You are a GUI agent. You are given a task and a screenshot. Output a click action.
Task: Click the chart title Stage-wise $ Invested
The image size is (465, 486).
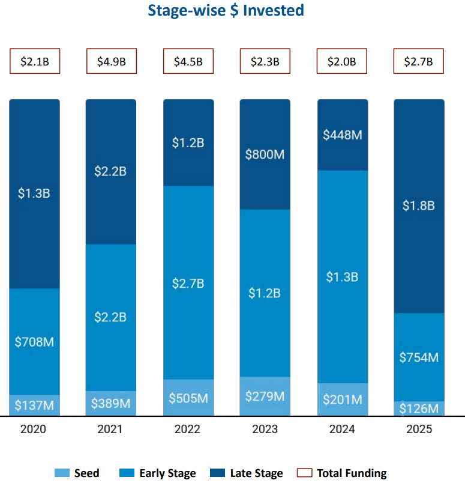[226, 10]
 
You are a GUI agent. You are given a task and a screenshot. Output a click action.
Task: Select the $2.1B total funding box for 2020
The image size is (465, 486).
[35, 61]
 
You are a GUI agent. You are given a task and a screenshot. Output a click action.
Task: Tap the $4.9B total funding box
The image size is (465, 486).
[111, 61]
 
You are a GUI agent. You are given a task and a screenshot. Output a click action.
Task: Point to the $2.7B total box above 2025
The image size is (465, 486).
[419, 61]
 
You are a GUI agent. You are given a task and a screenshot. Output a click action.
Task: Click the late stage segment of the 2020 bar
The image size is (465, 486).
[35, 193]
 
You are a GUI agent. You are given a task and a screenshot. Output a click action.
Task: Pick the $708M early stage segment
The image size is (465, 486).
[35, 342]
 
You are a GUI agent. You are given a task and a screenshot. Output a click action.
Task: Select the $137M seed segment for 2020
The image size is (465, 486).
[35, 406]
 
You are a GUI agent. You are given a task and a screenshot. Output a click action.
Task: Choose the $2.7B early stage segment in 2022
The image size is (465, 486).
[188, 283]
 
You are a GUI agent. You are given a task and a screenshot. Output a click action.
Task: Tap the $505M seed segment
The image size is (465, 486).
[188, 398]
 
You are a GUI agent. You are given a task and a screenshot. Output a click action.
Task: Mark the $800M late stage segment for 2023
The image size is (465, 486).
[265, 154]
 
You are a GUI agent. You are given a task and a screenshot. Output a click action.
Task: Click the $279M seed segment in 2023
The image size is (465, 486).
[265, 396]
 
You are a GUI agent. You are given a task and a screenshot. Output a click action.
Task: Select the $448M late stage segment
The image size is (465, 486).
[342, 135]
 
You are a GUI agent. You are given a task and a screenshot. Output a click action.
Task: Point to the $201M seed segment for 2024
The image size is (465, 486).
[342, 399]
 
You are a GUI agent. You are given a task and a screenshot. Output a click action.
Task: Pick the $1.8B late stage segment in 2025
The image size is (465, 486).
[419, 206]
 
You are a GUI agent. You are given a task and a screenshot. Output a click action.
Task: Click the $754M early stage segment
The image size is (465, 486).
[419, 357]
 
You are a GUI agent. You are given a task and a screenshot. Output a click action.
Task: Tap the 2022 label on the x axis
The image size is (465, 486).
[188, 430]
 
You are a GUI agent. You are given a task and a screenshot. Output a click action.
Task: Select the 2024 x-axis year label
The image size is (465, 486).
[342, 430]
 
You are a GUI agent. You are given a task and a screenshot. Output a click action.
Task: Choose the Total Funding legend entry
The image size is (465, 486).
[343, 473]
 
